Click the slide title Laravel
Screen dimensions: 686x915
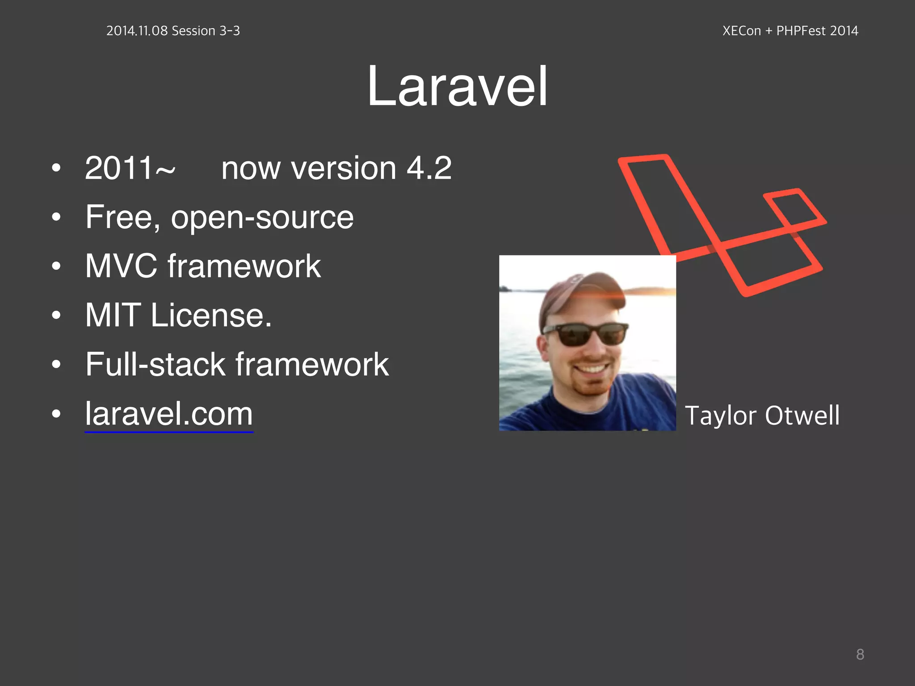click(457, 86)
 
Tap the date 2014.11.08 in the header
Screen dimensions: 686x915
click(137, 31)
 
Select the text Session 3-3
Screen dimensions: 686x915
click(206, 31)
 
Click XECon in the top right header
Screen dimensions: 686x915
click(741, 31)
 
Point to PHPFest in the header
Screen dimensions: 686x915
click(801, 31)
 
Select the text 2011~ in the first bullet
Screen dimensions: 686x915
click(130, 168)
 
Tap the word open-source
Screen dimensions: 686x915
click(262, 218)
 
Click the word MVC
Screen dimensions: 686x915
click(121, 266)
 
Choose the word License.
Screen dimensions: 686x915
click(211, 315)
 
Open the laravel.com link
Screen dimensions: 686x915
click(169, 414)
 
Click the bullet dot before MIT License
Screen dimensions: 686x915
click(56, 315)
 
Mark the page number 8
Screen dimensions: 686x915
click(860, 654)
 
